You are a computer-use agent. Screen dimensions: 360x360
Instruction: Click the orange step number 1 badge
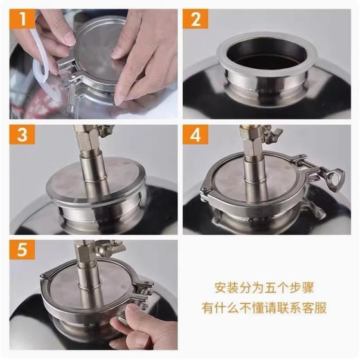tap(22, 19)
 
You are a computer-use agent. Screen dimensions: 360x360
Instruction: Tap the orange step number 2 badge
tap(195, 19)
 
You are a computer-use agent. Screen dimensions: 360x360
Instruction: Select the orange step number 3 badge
tap(22, 134)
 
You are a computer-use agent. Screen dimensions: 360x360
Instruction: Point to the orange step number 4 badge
tap(195, 134)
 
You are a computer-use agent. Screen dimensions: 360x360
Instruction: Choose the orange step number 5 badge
tap(22, 250)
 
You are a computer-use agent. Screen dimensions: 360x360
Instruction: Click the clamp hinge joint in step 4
tap(205, 192)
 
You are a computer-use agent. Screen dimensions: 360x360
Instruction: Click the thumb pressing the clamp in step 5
tap(126, 316)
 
